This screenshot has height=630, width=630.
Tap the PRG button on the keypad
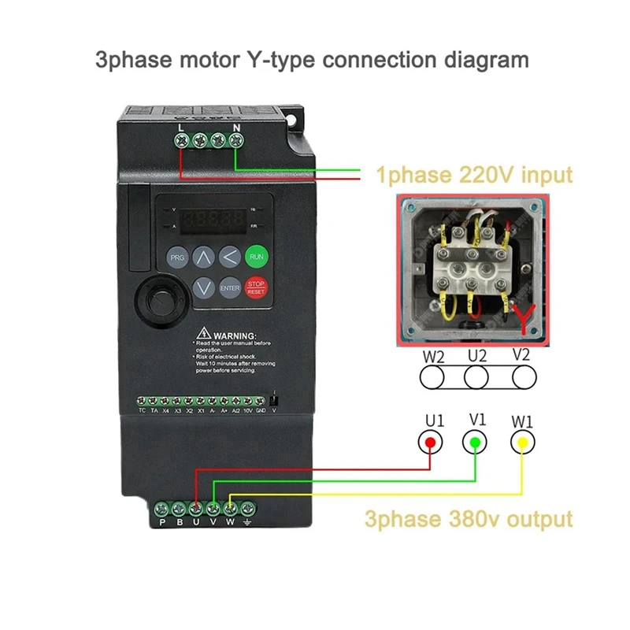pos(177,258)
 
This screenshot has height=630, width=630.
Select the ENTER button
pos(230,288)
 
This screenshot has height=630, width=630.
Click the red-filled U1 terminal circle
pos(430,443)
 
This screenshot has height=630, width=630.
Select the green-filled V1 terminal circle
pos(475,443)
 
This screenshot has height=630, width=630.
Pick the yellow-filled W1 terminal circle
pos(521,443)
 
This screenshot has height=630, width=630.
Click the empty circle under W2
pos(430,377)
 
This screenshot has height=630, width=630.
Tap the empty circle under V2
pos(521,377)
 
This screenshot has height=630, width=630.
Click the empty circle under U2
pos(475,377)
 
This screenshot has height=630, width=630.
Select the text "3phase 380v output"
pos(468,519)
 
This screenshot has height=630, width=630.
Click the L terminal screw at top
pos(183,142)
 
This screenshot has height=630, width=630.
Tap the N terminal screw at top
pos(236,142)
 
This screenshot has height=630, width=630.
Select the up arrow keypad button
pos(203,258)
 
